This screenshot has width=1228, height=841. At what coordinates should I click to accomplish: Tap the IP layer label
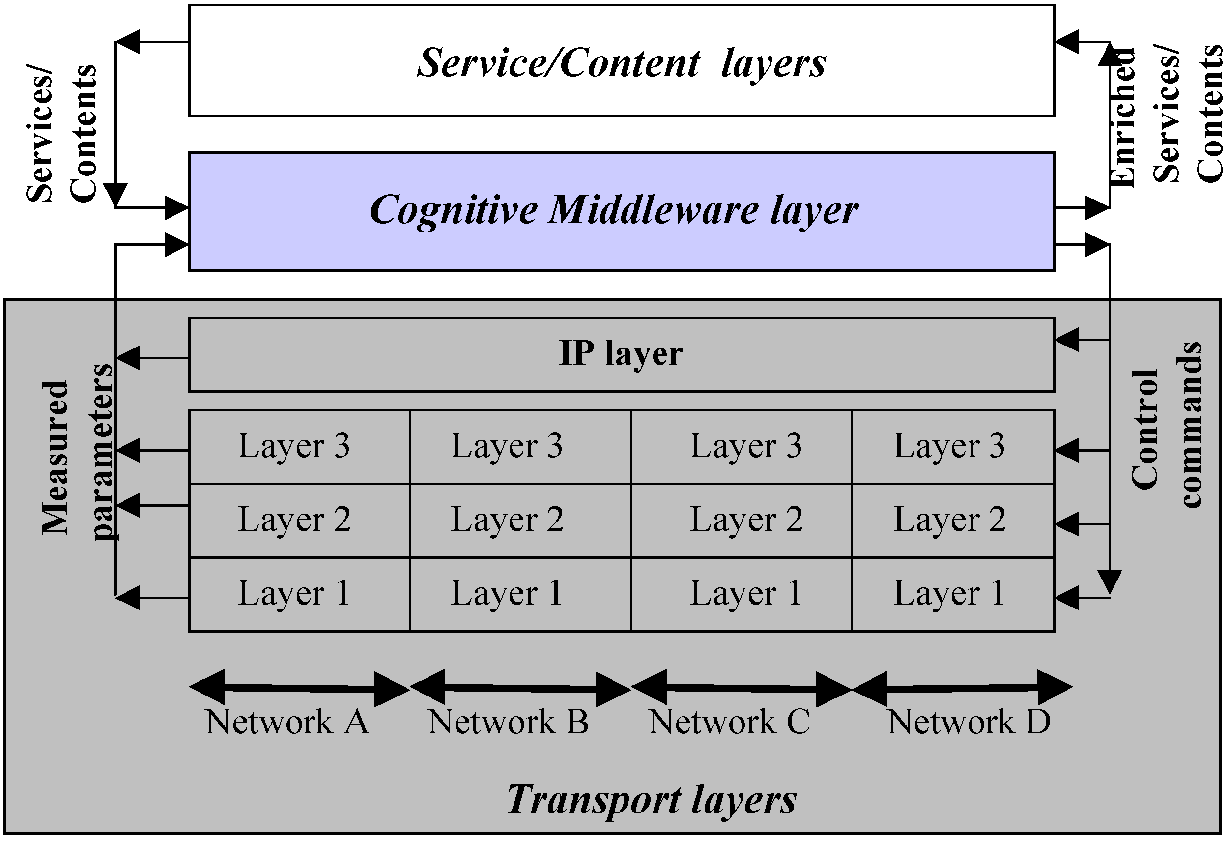click(621, 353)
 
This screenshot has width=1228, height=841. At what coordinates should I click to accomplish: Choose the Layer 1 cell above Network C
click(745, 593)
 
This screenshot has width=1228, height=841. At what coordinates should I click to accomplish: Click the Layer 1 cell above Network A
click(294, 593)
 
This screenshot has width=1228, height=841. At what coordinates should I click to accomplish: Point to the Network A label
click(287, 722)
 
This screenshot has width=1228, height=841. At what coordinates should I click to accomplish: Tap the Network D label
click(969, 722)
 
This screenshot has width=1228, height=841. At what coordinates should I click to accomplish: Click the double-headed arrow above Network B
click(520, 688)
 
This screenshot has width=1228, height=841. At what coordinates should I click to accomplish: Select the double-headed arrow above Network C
click(741, 688)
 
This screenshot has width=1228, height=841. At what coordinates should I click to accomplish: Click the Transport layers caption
click(652, 800)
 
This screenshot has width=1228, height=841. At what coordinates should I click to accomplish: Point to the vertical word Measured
click(56, 457)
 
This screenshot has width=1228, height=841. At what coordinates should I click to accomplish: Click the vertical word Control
click(1144, 429)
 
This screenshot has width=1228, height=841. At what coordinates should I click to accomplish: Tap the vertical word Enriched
click(1122, 117)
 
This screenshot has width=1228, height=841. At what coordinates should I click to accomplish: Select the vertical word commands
click(1191, 425)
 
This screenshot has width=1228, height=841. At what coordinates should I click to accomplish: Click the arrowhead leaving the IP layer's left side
click(128, 358)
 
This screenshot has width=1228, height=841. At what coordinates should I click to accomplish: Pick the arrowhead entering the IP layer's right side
click(1066, 340)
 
